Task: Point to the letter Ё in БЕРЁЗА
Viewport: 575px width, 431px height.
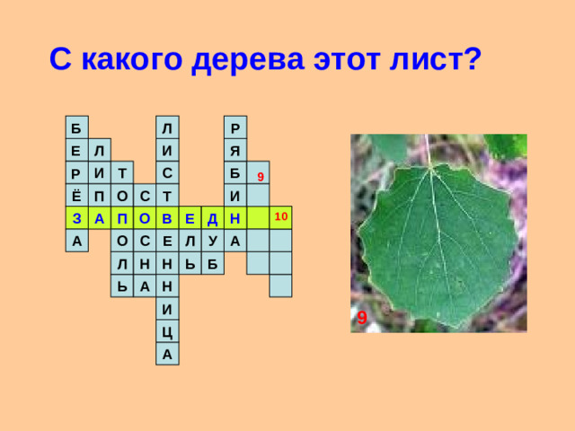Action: coord(76,195)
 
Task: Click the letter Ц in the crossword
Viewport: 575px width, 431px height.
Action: coord(167,332)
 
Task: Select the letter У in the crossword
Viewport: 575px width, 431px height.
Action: coord(212,241)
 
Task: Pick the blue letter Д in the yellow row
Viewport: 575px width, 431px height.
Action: coord(212,218)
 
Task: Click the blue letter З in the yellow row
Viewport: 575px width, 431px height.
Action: coord(76,218)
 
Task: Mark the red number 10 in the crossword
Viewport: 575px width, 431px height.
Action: coord(280,217)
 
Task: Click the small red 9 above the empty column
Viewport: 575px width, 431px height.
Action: coord(259,176)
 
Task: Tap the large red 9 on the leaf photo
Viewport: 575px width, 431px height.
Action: coord(361,319)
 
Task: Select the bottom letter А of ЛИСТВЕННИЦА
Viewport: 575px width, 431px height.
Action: coord(167,355)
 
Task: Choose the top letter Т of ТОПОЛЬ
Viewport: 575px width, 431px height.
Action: coord(121,172)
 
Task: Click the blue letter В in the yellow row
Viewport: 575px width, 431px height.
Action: coord(167,218)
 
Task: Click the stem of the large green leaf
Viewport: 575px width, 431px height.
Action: coord(428,150)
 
